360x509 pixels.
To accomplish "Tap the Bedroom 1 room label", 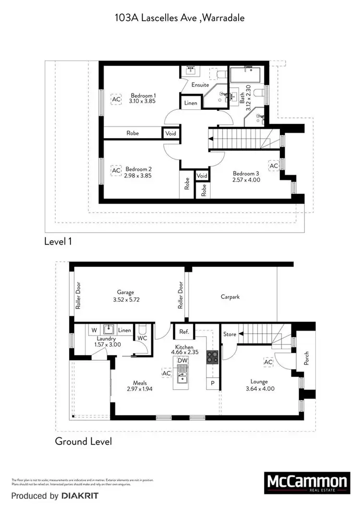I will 143,96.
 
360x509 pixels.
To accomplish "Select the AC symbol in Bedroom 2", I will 116,171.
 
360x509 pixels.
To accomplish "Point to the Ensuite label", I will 200,85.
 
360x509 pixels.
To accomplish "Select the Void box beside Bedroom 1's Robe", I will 170,133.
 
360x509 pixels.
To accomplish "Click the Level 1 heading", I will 58,241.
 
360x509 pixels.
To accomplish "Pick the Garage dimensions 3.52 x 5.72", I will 126,299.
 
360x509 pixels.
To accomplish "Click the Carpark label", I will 230,297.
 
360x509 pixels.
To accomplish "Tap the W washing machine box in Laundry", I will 95,330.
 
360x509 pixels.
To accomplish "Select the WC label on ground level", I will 142,338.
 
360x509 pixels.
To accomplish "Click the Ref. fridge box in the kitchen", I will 183,331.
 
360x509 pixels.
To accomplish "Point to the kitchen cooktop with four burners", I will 212,357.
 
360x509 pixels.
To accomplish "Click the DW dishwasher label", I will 182,360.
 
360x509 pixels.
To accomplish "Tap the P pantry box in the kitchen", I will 212,383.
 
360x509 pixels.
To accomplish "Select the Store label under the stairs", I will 229,334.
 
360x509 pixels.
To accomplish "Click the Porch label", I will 306,358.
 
